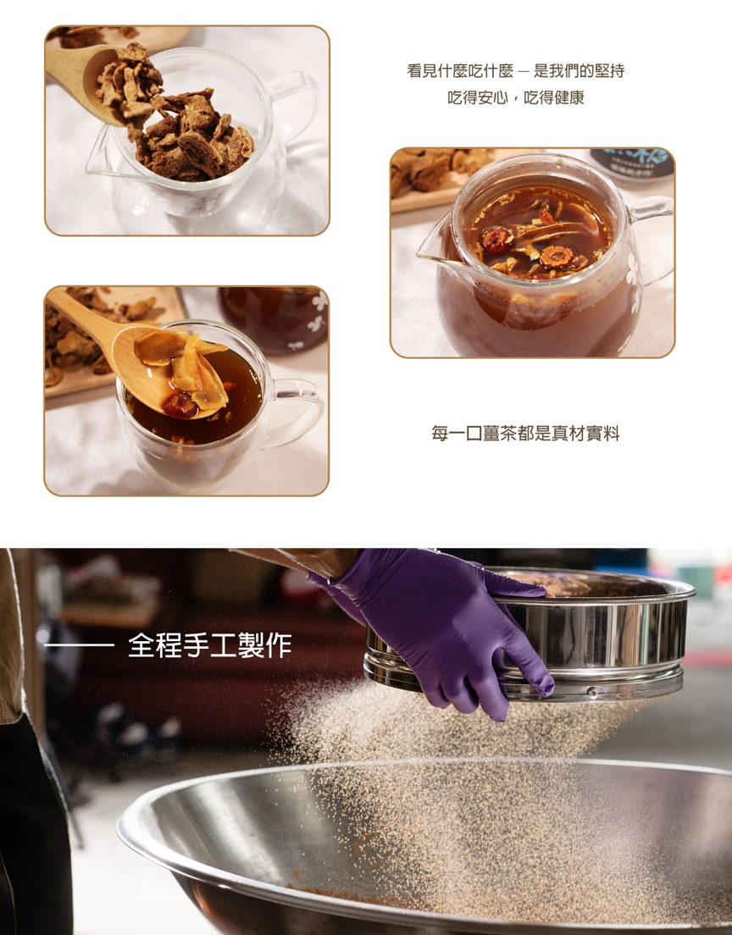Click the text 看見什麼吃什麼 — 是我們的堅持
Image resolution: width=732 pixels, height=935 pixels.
[x=515, y=71]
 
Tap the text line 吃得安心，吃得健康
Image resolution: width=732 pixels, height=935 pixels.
[x=515, y=98]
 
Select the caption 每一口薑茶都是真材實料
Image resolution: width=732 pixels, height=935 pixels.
[x=525, y=434]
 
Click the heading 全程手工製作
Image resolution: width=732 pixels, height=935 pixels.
[x=209, y=645]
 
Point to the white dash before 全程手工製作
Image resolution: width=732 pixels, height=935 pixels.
[x=79, y=646]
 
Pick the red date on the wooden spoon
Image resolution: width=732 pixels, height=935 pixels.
[x=179, y=404]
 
